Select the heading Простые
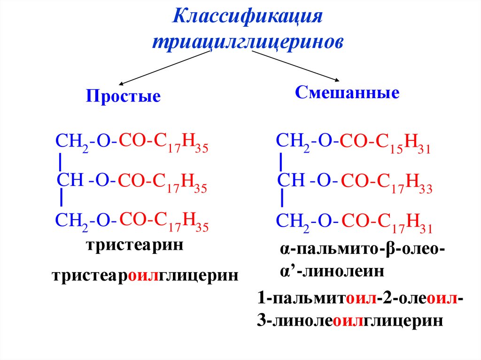tap(123, 97)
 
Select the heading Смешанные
tap(347, 92)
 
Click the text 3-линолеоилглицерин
tap(350, 320)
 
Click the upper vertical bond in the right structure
tap(281, 162)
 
